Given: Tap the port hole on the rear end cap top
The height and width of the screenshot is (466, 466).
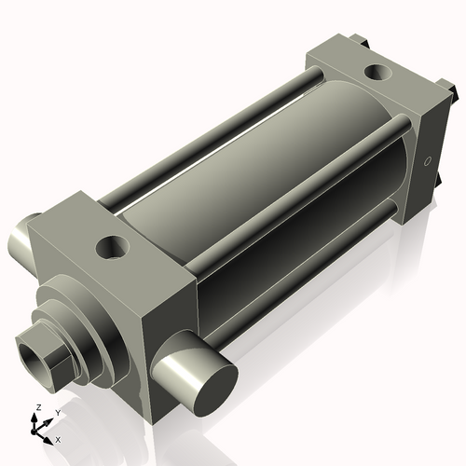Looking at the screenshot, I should (x=379, y=70).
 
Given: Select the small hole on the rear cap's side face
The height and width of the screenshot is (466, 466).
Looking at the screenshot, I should (x=428, y=160).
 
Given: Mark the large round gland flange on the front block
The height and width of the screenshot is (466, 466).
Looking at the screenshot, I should (x=93, y=312).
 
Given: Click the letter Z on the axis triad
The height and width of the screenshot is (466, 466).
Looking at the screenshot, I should (x=36, y=408).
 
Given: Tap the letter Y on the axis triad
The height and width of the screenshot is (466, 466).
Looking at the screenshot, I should (x=57, y=411).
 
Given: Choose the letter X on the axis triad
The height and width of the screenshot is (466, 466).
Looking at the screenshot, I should (x=59, y=438).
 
